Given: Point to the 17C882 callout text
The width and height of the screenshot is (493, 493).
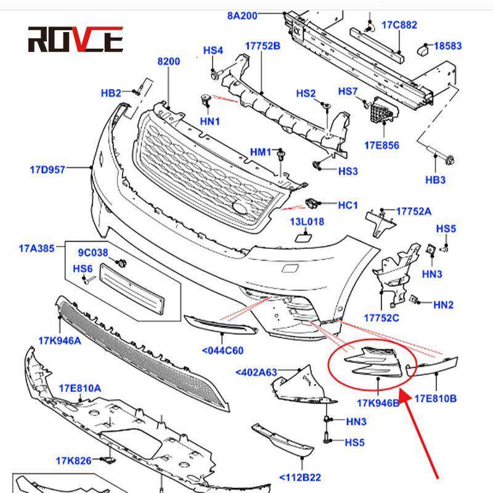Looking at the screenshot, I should [399, 25].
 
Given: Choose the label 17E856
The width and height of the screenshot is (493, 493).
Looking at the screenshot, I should [381, 145].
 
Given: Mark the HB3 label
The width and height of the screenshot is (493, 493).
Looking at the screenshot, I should [435, 180].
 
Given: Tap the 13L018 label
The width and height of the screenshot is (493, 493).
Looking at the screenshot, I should [308, 221].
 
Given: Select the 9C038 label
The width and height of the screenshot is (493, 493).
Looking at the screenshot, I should [92, 253].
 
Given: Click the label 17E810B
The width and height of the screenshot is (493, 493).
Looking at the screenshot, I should [435, 399].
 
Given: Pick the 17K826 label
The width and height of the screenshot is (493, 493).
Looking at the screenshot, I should [74, 460].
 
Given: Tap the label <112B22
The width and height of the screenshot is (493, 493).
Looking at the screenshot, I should [300, 477].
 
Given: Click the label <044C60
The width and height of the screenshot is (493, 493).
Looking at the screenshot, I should [222, 351].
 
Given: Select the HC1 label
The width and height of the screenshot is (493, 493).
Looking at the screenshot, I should [348, 205].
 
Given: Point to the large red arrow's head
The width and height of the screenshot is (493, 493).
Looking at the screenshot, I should [403, 394].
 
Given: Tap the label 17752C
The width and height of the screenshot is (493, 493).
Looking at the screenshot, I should [381, 318].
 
